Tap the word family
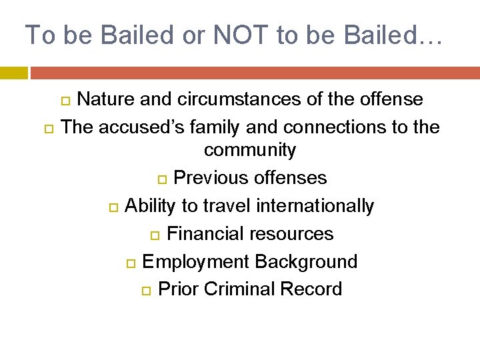[215, 127]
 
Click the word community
[249, 150]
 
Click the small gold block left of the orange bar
[13, 73]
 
